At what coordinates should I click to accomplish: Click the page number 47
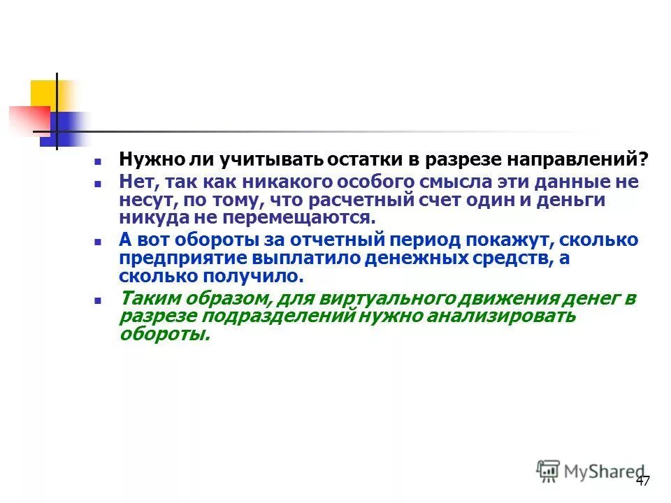(643, 481)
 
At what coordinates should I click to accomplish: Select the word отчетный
(325, 240)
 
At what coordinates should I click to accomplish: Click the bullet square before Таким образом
(99, 299)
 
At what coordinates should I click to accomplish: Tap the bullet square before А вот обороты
(99, 240)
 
